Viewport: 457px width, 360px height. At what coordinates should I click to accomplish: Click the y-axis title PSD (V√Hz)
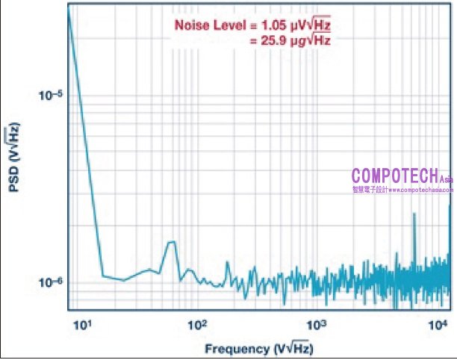pos(13,160)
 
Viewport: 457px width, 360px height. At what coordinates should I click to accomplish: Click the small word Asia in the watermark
pos(446,180)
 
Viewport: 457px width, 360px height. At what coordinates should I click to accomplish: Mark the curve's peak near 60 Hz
pos(171,242)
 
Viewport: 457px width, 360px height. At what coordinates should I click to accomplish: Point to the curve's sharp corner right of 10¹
pos(103,276)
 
